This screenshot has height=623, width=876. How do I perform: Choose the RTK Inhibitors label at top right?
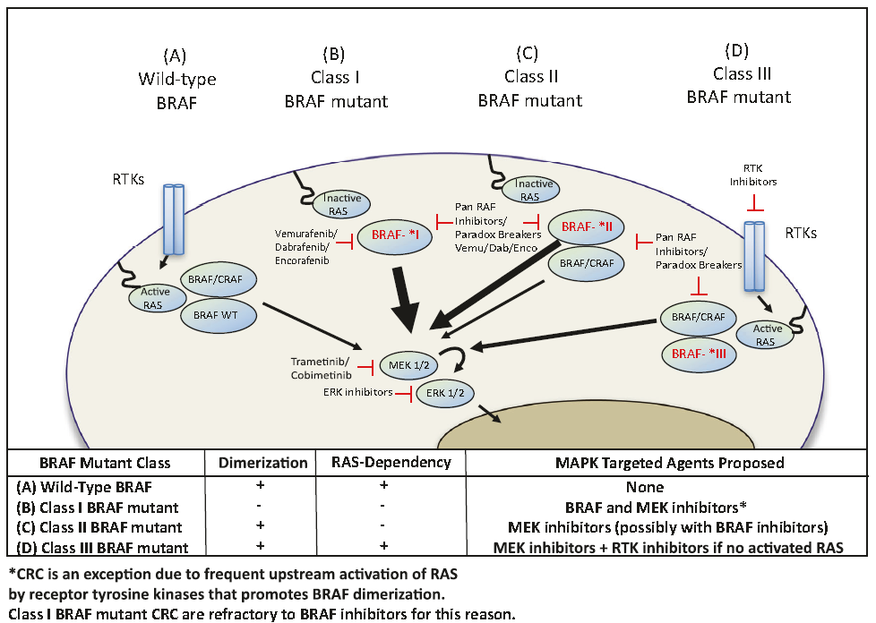(757, 174)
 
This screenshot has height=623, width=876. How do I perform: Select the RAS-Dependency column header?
(386, 463)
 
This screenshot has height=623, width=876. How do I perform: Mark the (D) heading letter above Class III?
(739, 51)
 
